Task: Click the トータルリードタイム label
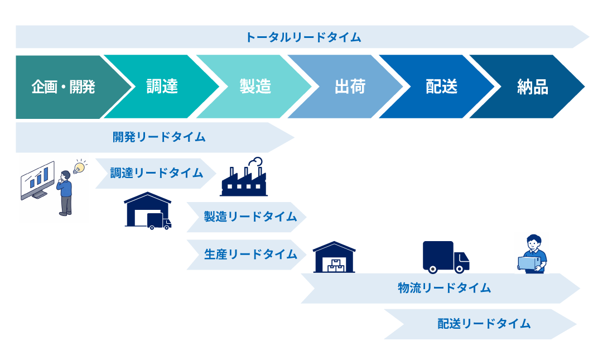coord(303,37)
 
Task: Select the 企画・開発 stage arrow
coord(63,87)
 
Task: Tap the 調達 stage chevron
coord(162,87)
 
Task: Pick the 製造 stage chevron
coord(255,87)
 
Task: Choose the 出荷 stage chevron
coord(349,87)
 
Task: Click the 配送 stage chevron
coord(441,87)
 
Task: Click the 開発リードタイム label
coord(159,137)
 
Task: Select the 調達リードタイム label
coord(156,174)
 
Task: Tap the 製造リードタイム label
coord(249,217)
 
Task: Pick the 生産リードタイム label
coord(250,255)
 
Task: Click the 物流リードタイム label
coord(444,288)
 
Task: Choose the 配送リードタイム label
coord(484,324)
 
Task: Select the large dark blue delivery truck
coord(445,257)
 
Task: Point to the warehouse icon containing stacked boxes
coord(334,258)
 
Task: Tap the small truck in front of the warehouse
coord(158,221)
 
